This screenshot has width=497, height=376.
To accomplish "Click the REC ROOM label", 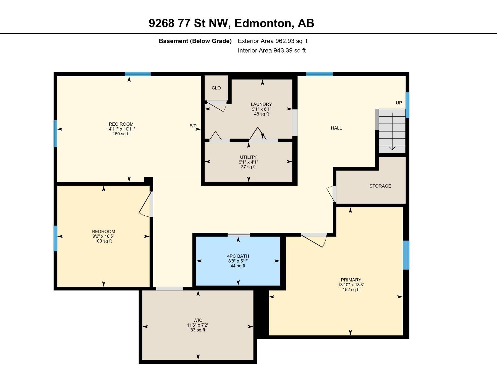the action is click(x=121, y=124).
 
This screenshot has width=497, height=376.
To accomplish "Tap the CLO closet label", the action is click(x=216, y=88).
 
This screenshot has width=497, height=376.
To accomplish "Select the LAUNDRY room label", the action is click(x=261, y=104).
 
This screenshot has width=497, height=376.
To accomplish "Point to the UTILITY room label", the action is click(x=248, y=157).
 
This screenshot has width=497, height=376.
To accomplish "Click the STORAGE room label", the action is click(x=380, y=186).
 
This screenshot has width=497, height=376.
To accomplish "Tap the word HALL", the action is click(x=336, y=128).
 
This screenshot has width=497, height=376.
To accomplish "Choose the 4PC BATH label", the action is click(x=238, y=256).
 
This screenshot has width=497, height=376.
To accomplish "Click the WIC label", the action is click(x=198, y=320).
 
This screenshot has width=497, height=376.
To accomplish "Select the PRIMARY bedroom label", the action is click(x=351, y=280).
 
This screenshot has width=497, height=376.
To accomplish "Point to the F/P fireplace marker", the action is click(x=193, y=126).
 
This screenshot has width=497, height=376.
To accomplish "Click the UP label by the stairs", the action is click(x=399, y=103).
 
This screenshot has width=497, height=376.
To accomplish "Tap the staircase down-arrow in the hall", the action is click(x=392, y=131).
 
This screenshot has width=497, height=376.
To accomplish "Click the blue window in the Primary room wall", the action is click(x=406, y=255).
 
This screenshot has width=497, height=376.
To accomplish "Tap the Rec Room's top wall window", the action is click(x=137, y=74).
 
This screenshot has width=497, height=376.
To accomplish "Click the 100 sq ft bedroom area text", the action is click(x=103, y=241).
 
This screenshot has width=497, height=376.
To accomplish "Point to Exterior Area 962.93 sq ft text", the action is click(x=273, y=41).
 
